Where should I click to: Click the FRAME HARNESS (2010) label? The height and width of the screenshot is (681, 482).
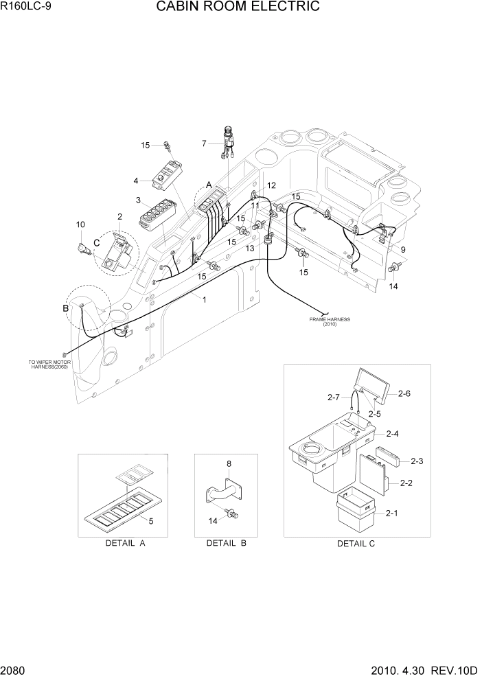(329, 322)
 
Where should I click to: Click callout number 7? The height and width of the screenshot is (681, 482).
(204, 143)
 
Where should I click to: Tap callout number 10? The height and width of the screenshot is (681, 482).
(80, 224)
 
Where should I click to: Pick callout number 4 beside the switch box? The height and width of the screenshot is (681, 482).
(136, 181)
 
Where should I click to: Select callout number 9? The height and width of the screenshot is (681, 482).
(402, 250)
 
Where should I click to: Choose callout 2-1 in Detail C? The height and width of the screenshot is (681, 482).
(392, 513)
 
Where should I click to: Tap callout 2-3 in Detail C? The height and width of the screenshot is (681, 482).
(417, 461)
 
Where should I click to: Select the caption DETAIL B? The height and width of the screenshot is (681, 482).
(227, 543)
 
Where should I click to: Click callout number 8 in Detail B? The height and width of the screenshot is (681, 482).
(229, 464)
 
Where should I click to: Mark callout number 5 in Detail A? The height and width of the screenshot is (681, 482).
(150, 521)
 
